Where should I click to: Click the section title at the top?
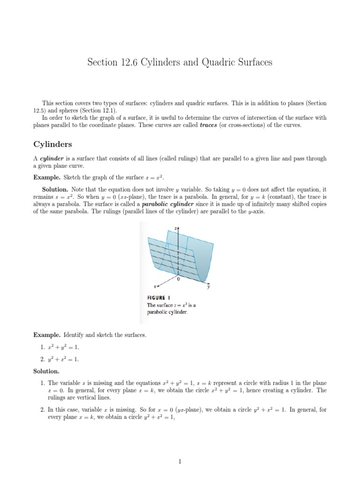tap(180, 62)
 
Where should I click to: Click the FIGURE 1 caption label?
tap(156, 298)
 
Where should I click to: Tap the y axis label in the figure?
tap(209, 287)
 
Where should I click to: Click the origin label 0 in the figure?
tap(178, 278)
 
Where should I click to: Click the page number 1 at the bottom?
tap(180, 462)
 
